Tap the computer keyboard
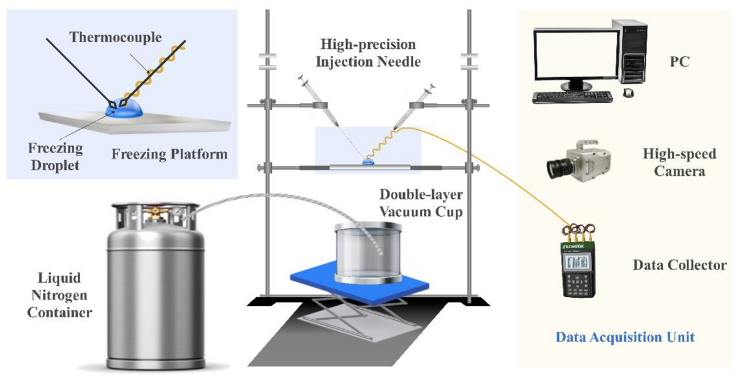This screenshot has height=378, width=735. [572, 96]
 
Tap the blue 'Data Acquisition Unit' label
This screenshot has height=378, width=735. [625, 337]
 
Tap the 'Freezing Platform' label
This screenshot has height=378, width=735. [170, 154]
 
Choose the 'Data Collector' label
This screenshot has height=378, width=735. [679, 265]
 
